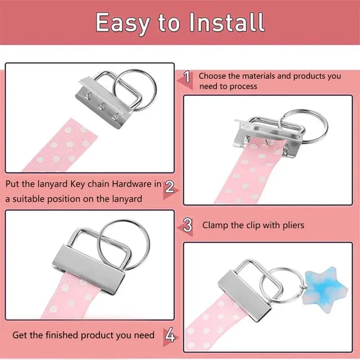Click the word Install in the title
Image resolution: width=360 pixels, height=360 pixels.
click(x=227, y=22)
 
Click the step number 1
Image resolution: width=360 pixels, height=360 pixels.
click(x=187, y=76)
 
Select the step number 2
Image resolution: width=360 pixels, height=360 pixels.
click(x=170, y=187)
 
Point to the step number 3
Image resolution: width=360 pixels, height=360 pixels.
click(x=188, y=225)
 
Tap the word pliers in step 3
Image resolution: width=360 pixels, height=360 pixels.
click(x=293, y=225)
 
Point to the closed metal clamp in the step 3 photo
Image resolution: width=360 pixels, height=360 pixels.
click(x=89, y=269)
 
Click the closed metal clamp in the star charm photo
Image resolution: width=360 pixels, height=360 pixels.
click(x=245, y=296)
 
